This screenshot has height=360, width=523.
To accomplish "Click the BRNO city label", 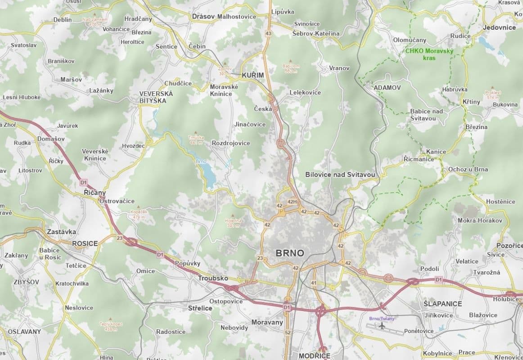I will click(289, 253).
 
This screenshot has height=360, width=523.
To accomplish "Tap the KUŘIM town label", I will click(252, 75).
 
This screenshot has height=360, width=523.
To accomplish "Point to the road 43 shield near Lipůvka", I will click(269, 33).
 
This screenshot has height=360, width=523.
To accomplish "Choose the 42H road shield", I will click(292, 202).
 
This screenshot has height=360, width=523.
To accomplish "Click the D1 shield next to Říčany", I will click(83, 182).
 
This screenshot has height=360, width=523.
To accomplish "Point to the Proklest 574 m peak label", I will click(493, 94).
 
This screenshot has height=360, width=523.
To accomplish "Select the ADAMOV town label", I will click(387, 87).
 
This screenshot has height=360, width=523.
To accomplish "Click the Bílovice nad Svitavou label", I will click(340, 174).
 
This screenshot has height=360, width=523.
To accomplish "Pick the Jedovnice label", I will click(499, 27).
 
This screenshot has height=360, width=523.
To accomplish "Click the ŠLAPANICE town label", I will click(442, 304).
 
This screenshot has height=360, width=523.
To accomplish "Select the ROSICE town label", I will click(85, 243).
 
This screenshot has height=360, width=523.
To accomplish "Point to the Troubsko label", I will click(213, 279).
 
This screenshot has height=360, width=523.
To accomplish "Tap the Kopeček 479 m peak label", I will click(139, 215).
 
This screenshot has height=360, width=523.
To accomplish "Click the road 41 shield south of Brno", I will click(313, 283).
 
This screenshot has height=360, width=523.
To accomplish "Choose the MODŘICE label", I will click(314, 355).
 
